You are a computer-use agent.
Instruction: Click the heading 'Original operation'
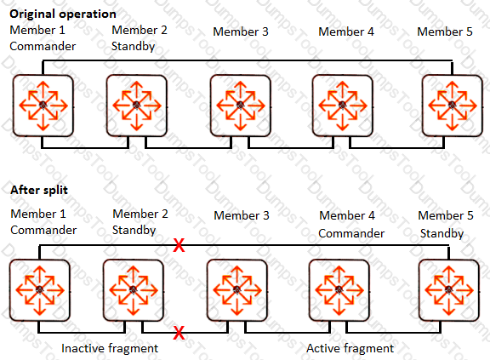coord(63,14)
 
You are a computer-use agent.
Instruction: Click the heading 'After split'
coord(39,190)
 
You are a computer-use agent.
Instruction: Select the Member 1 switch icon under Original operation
coord(43,106)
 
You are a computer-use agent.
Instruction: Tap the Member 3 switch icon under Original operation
coord(240,106)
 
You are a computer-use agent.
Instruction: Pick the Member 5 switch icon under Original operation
coord(453,106)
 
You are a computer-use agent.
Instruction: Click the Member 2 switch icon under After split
coord(134,290)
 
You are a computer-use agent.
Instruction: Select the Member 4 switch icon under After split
coord(339,290)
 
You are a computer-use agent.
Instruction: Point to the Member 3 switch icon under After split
coord(236,290)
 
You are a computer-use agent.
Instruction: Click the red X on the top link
coord(179,245)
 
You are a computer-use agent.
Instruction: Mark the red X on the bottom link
coord(179,333)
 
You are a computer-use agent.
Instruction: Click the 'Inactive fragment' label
coord(110,348)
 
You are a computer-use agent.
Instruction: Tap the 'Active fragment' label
coord(350,348)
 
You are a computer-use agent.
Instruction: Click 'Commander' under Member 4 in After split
coord(351,233)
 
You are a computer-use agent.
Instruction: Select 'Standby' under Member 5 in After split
coord(442,234)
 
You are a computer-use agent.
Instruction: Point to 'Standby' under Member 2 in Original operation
coord(133,47)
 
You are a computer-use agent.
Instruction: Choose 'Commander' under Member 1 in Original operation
coord(43,46)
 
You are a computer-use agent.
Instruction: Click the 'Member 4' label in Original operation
coord(346,31)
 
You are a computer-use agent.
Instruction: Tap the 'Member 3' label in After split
coord(242,215)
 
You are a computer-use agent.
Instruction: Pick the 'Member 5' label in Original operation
coord(445,31)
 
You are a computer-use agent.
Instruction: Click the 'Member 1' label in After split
coord(38,214)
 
